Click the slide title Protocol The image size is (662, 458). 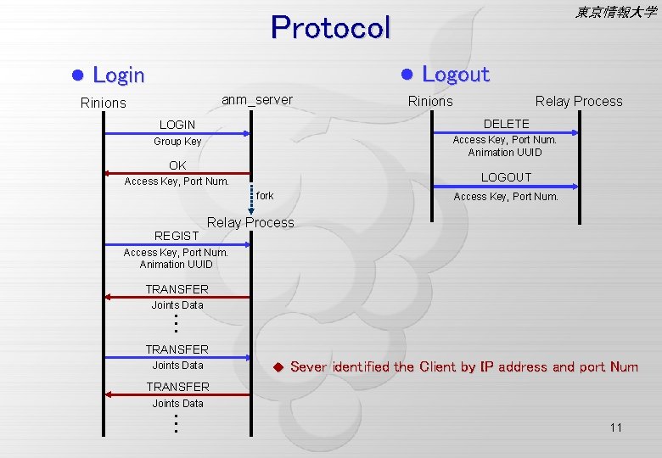click(x=330, y=28)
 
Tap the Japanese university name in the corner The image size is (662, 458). click(x=614, y=12)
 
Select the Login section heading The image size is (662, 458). click(x=118, y=75)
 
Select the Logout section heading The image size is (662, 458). click(x=456, y=75)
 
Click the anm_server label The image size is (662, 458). click(x=256, y=100)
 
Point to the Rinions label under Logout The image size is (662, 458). click(x=430, y=102)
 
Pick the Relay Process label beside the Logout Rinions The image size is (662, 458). click(x=578, y=102)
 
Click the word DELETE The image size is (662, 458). click(x=506, y=124)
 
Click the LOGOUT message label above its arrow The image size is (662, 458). click(x=506, y=177)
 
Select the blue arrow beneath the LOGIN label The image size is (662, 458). click(x=177, y=133)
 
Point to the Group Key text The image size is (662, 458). click(x=177, y=142)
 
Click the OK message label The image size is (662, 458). click(x=177, y=165)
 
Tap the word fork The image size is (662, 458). click(x=265, y=196)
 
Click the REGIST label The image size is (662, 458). click(x=177, y=236)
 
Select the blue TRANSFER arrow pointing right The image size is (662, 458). click(x=177, y=358)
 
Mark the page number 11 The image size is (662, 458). click(x=615, y=427)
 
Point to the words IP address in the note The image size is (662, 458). click(x=514, y=367)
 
